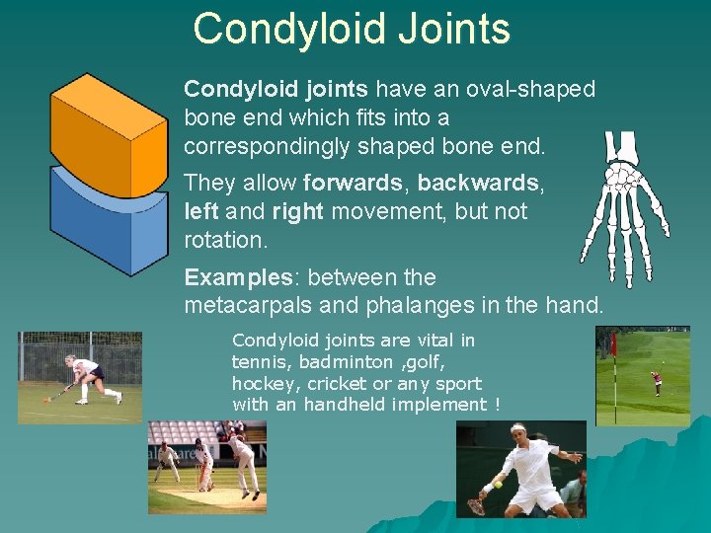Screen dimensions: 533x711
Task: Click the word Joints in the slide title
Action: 454,29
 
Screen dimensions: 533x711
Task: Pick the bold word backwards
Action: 479,184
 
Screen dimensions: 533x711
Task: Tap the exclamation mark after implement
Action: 497,405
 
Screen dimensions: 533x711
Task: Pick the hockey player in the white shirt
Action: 86,375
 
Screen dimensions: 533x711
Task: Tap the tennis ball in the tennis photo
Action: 499,484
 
